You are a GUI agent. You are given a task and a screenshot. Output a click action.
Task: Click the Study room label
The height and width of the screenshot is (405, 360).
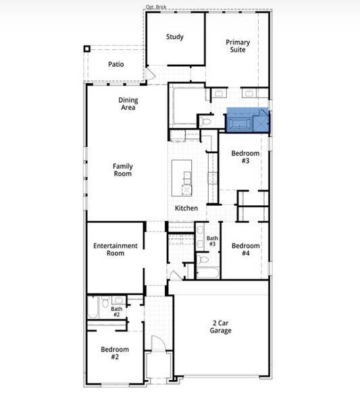click(x=175, y=37)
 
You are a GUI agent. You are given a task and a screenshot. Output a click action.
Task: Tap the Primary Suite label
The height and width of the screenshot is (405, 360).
click(x=237, y=46)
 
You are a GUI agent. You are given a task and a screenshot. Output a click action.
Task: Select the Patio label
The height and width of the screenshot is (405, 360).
click(x=115, y=65)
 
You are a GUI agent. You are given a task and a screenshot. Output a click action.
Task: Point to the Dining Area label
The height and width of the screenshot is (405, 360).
click(x=128, y=104)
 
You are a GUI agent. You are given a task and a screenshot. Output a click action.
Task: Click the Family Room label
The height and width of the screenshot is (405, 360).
click(x=122, y=170)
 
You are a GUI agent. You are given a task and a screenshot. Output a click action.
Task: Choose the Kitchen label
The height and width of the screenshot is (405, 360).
click(x=186, y=209)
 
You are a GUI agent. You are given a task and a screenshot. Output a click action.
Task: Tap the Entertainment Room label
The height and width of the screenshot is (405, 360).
click(x=115, y=249)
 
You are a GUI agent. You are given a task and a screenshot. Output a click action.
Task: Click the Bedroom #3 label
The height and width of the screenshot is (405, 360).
click(x=245, y=157)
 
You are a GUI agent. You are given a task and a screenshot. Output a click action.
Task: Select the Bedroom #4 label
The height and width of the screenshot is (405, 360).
click(x=245, y=250)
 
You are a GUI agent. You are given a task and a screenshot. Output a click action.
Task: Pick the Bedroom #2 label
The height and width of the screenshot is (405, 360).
click(x=115, y=353)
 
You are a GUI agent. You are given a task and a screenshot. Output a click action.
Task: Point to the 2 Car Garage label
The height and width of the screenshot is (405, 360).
click(x=220, y=327)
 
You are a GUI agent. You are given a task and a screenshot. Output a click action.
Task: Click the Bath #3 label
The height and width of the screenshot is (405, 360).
click(x=212, y=241)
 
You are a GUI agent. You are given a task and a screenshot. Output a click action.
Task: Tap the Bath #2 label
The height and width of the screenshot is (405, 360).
click(x=116, y=312)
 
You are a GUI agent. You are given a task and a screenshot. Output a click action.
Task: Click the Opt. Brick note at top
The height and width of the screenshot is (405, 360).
click(x=155, y=7)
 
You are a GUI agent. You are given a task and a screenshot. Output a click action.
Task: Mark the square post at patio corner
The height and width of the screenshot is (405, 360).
click(x=86, y=49)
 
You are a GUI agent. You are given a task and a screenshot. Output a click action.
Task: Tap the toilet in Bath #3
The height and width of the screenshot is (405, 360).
click(x=204, y=259)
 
